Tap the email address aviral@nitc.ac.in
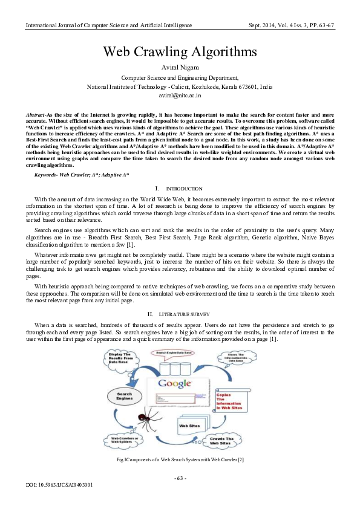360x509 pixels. coord(180,96)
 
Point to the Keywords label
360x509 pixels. coord(50,174)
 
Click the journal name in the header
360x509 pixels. coord(109,25)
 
